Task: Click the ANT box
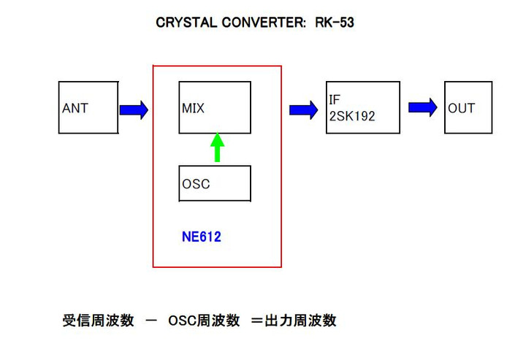[x=88, y=107]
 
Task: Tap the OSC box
[x=215, y=183]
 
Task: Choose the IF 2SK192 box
[x=362, y=107]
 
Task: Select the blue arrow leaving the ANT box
[x=134, y=110]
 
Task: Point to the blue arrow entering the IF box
[x=303, y=110]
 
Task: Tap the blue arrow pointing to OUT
[x=422, y=107]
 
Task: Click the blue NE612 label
[x=201, y=237]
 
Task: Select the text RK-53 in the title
[x=335, y=23]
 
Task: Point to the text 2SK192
[x=352, y=115]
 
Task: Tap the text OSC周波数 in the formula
[x=204, y=321]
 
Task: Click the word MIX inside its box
[x=194, y=108]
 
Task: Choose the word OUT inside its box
[x=462, y=108]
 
